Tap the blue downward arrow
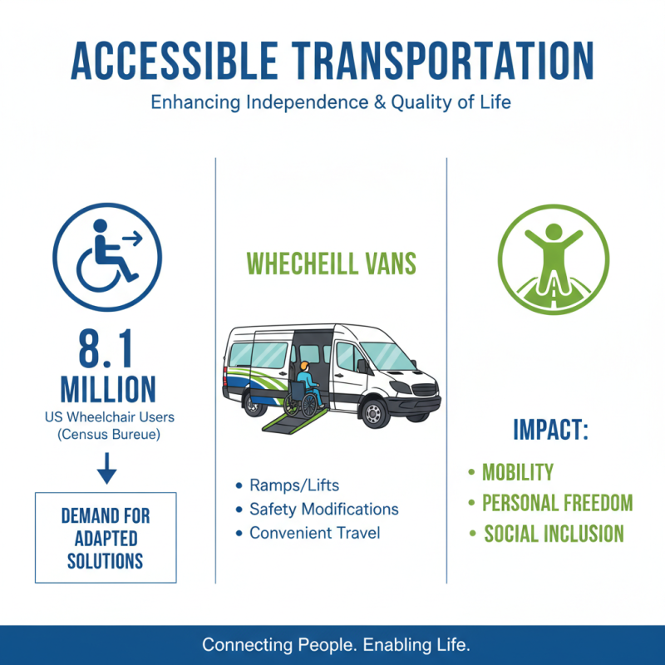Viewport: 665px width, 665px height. (x=106, y=471)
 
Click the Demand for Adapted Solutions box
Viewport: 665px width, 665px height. (x=106, y=537)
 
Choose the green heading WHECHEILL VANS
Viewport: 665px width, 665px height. (x=332, y=264)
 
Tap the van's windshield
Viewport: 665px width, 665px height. (x=387, y=355)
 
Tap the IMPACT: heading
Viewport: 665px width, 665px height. (x=550, y=431)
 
